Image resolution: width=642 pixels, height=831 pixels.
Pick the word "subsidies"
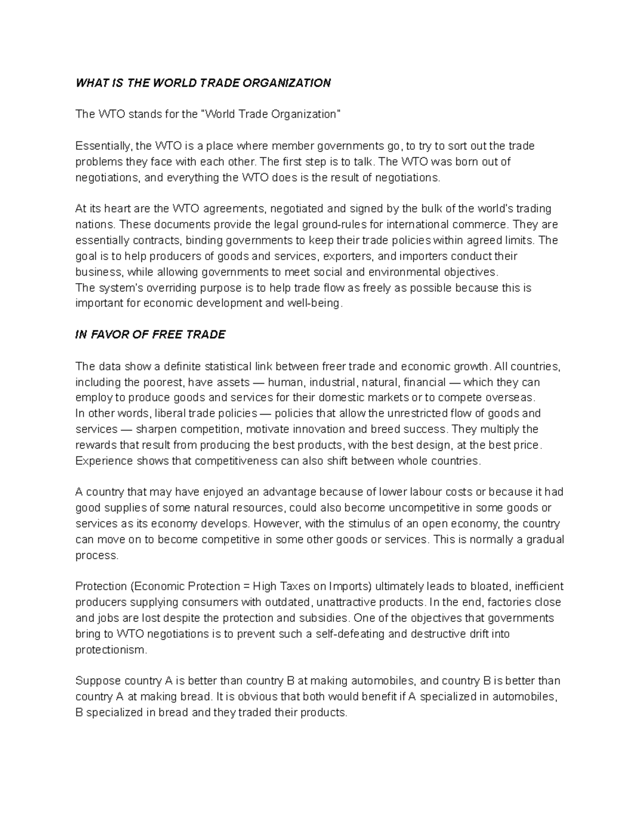pyautogui.click(x=326, y=618)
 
